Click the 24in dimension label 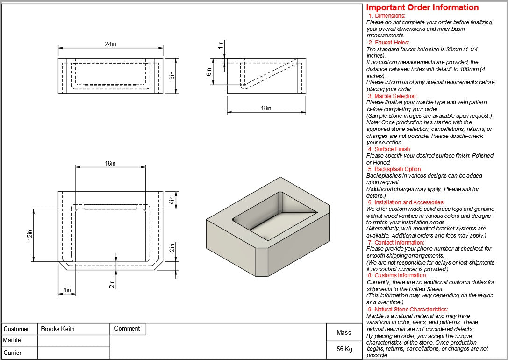[x=111, y=44]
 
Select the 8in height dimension [x=172, y=75]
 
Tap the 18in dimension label [x=266, y=108]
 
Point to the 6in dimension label [x=209, y=72]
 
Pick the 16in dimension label [x=111, y=163]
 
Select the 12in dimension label [x=29, y=235]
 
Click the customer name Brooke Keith [x=57, y=329]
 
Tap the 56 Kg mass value [x=344, y=349]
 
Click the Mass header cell [x=344, y=332]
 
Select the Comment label [x=127, y=329]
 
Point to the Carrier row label [x=13, y=353]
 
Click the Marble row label [x=12, y=340]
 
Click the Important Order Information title [x=422, y=7]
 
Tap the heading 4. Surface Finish [x=389, y=149]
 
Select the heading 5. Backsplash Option [x=395, y=169]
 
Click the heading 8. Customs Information [x=398, y=275]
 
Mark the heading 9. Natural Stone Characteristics [x=408, y=309]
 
